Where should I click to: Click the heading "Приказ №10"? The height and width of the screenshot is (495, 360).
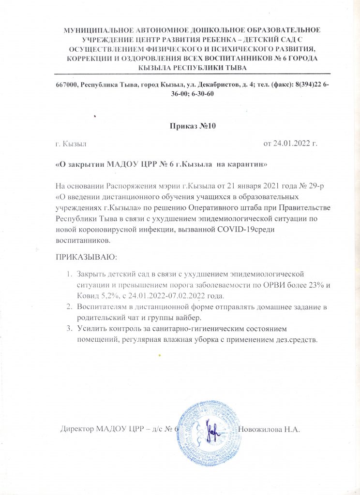coord(192,127)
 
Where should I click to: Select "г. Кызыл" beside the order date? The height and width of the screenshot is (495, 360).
coord(71,144)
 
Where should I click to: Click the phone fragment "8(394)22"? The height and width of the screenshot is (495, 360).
coord(308,85)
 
